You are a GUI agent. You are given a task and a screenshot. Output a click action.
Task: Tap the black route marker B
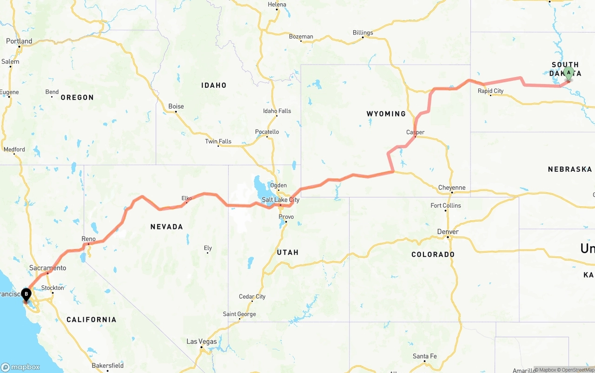pyautogui.click(x=26, y=294)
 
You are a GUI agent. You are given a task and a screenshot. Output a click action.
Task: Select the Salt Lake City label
pyautogui.click(x=280, y=200)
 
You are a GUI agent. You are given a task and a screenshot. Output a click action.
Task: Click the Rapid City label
pyautogui.click(x=490, y=91)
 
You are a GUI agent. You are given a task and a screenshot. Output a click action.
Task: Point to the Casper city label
pyautogui.click(x=415, y=132)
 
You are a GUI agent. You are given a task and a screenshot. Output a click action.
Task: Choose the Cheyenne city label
pyautogui.click(x=451, y=188)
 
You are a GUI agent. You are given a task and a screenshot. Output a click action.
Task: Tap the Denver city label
pyautogui.click(x=448, y=232)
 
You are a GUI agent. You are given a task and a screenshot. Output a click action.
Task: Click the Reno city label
pyautogui.click(x=88, y=239)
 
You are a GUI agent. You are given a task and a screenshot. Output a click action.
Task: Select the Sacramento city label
pyautogui.click(x=47, y=268)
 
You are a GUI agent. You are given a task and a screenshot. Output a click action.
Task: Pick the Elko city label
pyautogui.click(x=186, y=198)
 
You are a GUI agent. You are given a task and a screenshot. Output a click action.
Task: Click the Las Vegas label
pyautogui.click(x=202, y=341)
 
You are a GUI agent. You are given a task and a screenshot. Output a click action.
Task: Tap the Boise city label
pyautogui.click(x=176, y=106)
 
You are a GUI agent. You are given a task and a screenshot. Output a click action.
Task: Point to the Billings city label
pyautogui.click(x=363, y=33)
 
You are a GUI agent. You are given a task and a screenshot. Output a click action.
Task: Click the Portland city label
pyautogui.click(x=19, y=41)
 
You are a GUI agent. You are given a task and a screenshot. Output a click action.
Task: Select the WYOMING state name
pyautogui.click(x=386, y=114)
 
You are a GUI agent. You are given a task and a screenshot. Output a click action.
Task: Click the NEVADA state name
pyautogui.click(x=166, y=227)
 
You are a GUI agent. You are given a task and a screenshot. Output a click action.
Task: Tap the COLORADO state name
pyautogui.click(x=433, y=255)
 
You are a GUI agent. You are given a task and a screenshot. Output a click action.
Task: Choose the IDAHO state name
pyautogui.click(x=213, y=85)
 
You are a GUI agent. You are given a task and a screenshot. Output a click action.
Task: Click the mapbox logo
pyautogui.click(x=20, y=367)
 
